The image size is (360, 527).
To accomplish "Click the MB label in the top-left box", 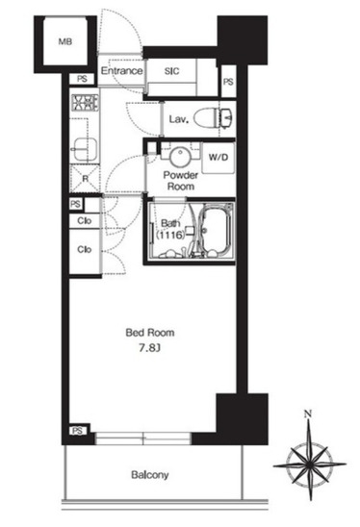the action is pos(64,41).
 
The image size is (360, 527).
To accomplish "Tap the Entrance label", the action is pos(122,70).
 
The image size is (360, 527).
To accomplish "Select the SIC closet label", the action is pos(171,71).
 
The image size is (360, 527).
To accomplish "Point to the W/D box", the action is pos(218,158).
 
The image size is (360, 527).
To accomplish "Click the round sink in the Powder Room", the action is pos(180,157).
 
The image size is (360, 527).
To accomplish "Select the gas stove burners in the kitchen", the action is pos(85,103).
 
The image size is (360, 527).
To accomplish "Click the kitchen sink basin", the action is pos(86,150).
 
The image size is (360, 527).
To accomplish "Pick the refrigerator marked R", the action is pos(85,179).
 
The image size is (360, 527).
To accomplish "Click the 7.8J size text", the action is pos(149,348).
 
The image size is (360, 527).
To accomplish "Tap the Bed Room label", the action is pos(150,333).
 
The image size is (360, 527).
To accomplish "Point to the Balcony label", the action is pos(150,475).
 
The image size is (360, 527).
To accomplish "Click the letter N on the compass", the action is pos(307,414).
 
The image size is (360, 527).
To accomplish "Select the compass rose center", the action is pos(310,465).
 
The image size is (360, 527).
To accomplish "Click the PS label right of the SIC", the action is pos(228,82).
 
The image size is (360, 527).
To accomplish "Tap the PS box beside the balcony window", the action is pos(78,431).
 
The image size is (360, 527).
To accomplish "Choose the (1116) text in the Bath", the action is pos(170,235).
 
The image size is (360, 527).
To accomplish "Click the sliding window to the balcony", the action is pos(143,439).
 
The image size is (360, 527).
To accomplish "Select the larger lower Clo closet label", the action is pos(84,249).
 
